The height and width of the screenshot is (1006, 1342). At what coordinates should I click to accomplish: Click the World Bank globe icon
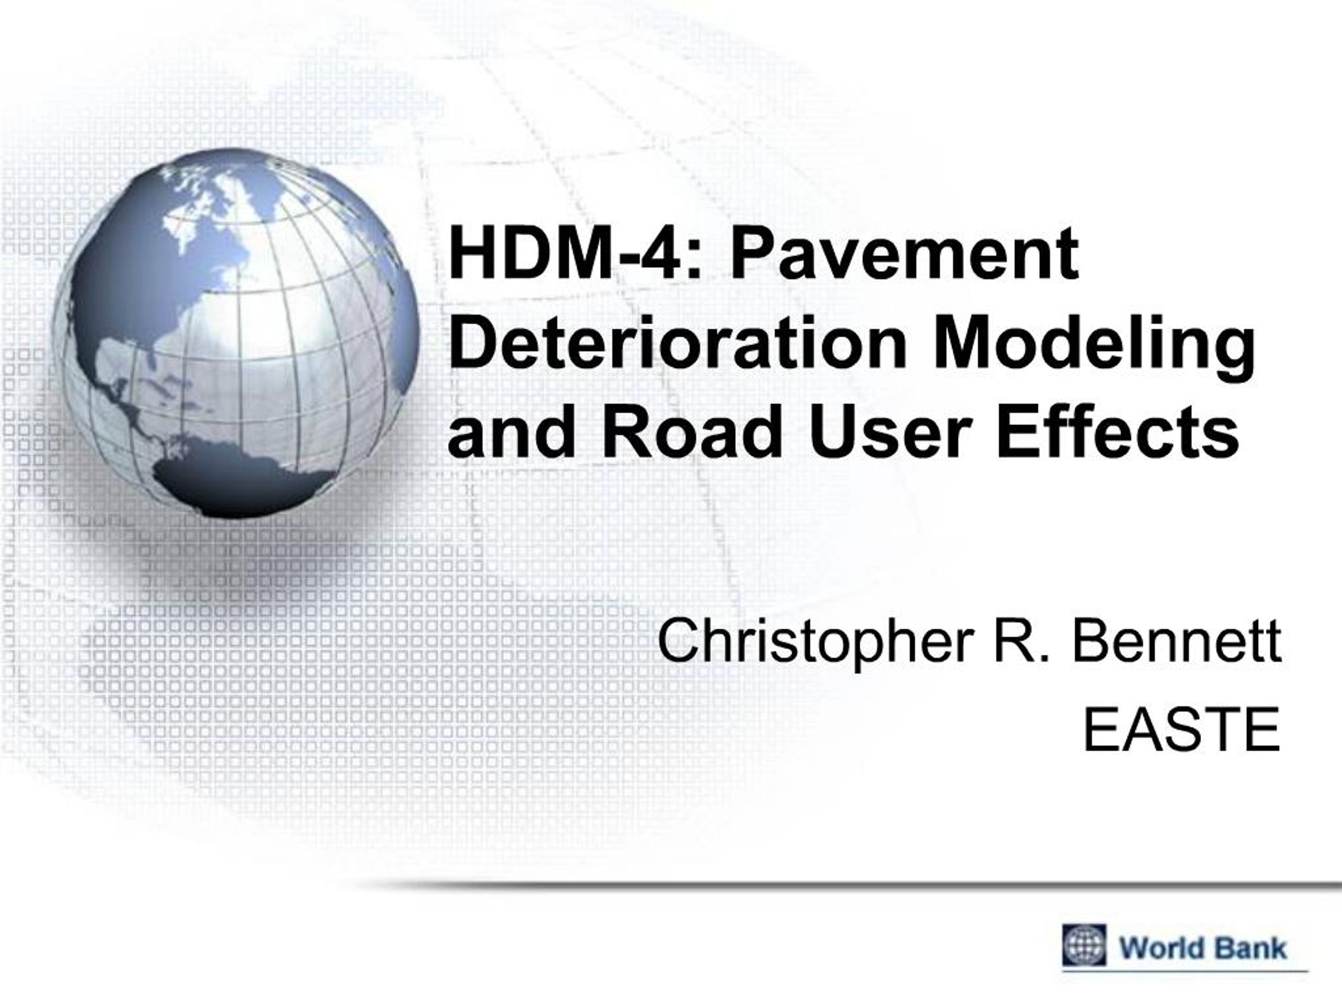[1084, 945]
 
